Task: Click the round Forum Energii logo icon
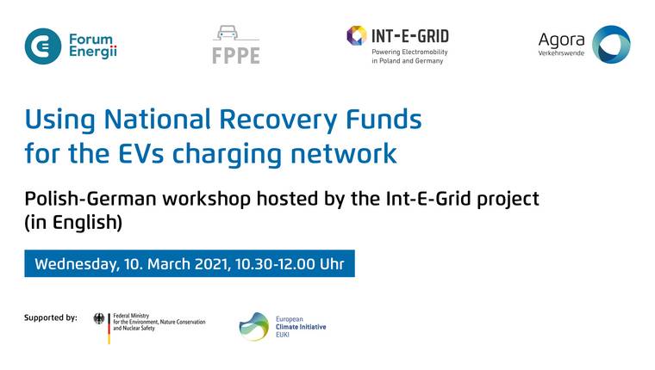click(x=42, y=46)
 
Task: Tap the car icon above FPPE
click(x=228, y=33)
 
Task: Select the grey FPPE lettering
click(x=236, y=55)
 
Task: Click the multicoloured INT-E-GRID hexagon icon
click(x=356, y=35)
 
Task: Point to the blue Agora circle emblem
click(x=611, y=45)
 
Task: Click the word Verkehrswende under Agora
click(x=561, y=53)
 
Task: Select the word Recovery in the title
click(x=278, y=120)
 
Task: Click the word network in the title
click(x=343, y=153)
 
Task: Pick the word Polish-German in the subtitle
click(x=90, y=199)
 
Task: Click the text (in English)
click(x=73, y=222)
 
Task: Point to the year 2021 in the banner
click(x=213, y=264)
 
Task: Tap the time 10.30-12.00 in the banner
click(x=275, y=264)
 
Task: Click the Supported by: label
click(x=51, y=318)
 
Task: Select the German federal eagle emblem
click(x=99, y=318)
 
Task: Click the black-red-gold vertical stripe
click(x=109, y=329)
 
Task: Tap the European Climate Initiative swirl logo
click(x=254, y=327)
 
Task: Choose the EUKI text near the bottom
click(x=283, y=335)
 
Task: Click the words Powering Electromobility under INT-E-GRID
click(x=409, y=52)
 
